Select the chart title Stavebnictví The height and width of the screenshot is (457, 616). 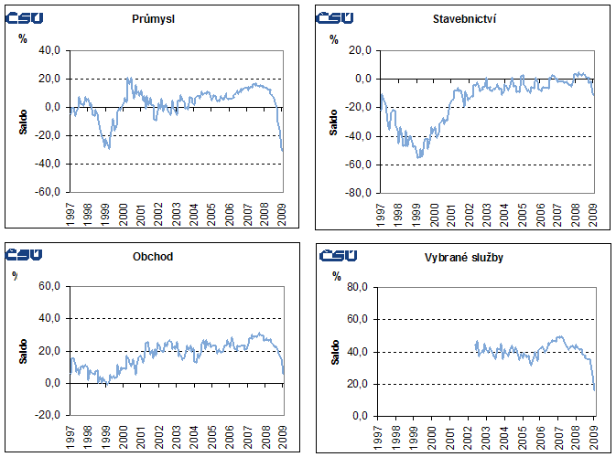click(459, 18)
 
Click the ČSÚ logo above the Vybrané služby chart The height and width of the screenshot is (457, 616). click(339, 255)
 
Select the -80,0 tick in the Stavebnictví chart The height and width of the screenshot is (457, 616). click(358, 193)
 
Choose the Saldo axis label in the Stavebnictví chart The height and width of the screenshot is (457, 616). click(334, 122)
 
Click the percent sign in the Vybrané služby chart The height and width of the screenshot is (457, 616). click(337, 275)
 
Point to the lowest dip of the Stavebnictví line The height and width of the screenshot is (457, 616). click(419, 157)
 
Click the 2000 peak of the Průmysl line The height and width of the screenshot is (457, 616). click(128, 79)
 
